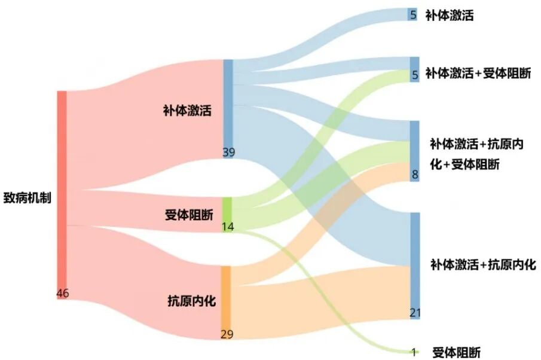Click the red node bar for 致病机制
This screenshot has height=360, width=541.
(x=62, y=195)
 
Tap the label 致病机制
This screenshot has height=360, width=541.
(x=27, y=198)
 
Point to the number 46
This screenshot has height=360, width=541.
(x=63, y=294)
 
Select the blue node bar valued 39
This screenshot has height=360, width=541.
(x=228, y=109)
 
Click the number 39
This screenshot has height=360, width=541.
(x=229, y=152)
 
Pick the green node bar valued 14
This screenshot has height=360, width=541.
(x=227, y=215)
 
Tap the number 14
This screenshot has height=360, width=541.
(x=228, y=227)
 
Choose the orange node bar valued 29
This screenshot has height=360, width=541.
(x=225, y=303)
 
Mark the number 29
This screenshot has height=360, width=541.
(x=227, y=334)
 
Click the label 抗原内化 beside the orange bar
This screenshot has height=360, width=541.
(x=191, y=301)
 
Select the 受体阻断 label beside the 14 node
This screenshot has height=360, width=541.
(x=189, y=215)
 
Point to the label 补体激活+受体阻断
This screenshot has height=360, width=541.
(x=478, y=73)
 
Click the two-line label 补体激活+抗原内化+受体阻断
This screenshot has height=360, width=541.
(x=476, y=154)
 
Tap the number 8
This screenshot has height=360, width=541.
(x=415, y=175)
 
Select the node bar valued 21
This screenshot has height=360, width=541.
(x=415, y=266)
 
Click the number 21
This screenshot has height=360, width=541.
(x=415, y=313)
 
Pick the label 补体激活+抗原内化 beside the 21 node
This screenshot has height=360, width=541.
(x=483, y=264)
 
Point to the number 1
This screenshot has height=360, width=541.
(x=413, y=352)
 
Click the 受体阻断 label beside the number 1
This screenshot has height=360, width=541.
(x=457, y=353)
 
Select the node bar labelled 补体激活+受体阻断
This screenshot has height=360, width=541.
(x=415, y=69)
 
